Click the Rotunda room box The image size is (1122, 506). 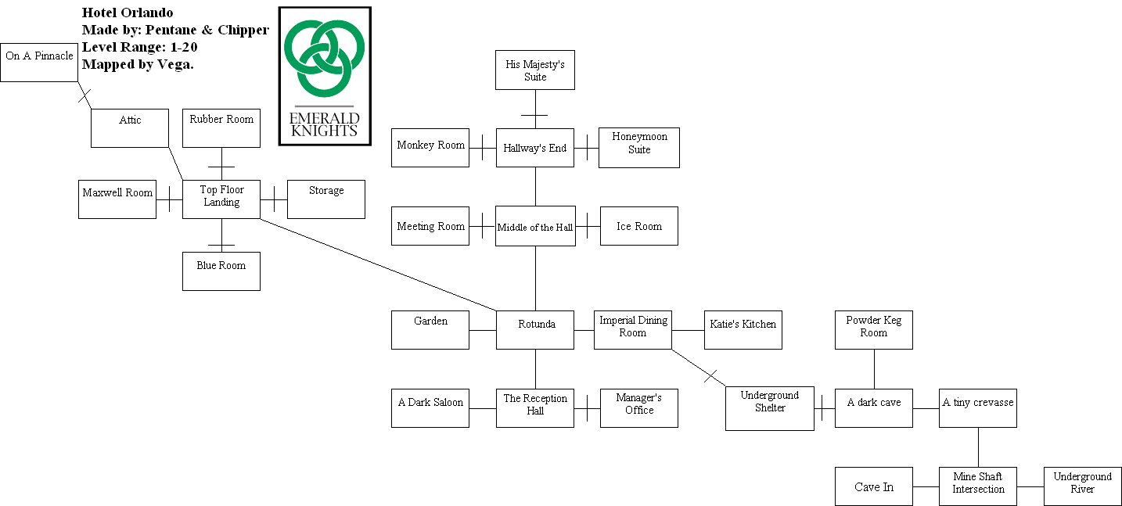point(536,330)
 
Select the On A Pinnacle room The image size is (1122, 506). point(39,62)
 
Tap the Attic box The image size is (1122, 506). point(130,128)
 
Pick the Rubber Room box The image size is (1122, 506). point(221,128)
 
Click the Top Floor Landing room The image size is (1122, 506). point(221,199)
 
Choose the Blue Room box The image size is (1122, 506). point(221,271)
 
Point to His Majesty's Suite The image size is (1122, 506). point(535,70)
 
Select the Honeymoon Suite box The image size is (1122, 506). point(638,148)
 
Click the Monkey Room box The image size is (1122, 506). point(430,148)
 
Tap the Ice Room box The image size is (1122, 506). point(638,226)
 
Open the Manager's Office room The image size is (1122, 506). point(638,408)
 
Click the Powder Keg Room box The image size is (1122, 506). point(873,330)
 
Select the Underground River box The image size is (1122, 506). point(1082,486)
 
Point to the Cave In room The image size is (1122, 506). point(873,486)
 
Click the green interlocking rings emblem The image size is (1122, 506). point(324,55)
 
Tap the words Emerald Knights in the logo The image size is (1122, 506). point(325,124)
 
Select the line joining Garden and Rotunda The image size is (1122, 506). point(483,330)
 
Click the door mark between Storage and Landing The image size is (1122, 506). point(274,199)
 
